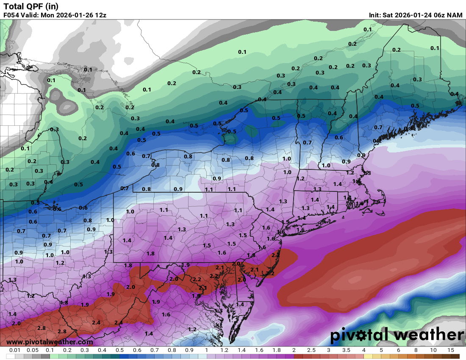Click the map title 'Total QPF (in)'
pyautogui.click(x=31, y=6)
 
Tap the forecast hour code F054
pyautogui.click(x=11, y=15)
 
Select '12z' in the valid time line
pyautogui.click(x=100, y=15)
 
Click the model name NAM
pyautogui.click(x=455, y=15)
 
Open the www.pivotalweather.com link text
pyautogui.click(x=50, y=342)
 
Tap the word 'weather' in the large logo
pyautogui.click(x=427, y=335)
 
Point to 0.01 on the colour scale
pyautogui.click(x=15, y=350)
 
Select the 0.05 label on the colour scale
pyautogui.click(x=32, y=350)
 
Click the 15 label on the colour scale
pyautogui.click(x=451, y=350)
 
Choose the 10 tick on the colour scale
pyautogui.click(x=433, y=350)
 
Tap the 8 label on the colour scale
pyautogui.click(x=416, y=350)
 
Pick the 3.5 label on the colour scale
pyautogui.click(x=346, y=350)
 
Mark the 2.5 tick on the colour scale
pyautogui.click(x=311, y=350)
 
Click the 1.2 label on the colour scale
pyautogui.click(x=224, y=350)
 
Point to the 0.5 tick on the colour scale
pyautogui.click(x=119, y=350)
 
